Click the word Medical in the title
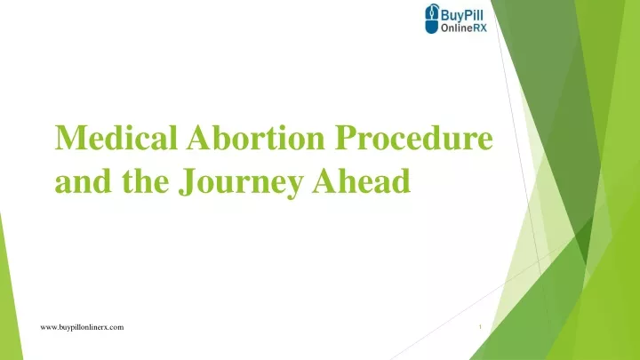(x=116, y=138)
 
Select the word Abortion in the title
(x=255, y=138)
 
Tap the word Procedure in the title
(x=414, y=138)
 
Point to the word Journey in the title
(x=241, y=182)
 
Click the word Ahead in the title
(x=362, y=180)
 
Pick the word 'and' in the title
(x=83, y=180)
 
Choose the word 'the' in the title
(x=145, y=180)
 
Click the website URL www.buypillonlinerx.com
(x=82, y=327)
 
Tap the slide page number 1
(x=480, y=327)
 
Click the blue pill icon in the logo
(x=431, y=19)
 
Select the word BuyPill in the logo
(x=462, y=15)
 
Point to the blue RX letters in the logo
(x=480, y=28)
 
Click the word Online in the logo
(x=456, y=28)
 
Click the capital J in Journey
(x=186, y=182)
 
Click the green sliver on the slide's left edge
(x=9, y=294)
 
